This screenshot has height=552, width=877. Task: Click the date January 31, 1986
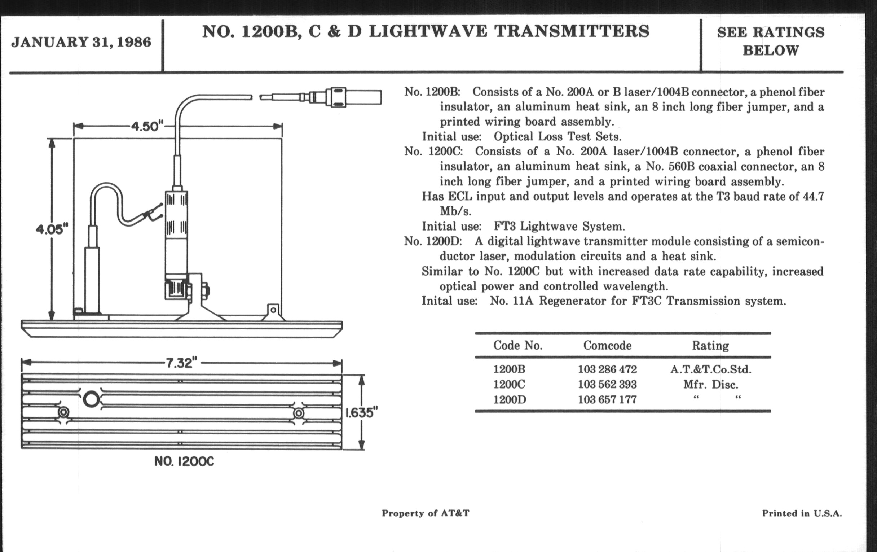(x=81, y=42)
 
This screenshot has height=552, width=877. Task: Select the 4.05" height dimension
(x=52, y=229)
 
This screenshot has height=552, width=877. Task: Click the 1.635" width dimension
(x=361, y=412)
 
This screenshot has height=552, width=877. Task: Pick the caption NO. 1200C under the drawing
(x=184, y=462)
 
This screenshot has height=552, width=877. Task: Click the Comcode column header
(x=607, y=345)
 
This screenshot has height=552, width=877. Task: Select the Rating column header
(x=710, y=345)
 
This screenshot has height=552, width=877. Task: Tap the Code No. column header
(x=517, y=345)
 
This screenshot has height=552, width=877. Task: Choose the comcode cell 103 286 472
(x=607, y=369)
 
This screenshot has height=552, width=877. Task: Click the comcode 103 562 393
(x=607, y=384)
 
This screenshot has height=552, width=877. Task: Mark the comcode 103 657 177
(x=607, y=400)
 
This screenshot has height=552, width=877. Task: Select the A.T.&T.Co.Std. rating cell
(x=710, y=369)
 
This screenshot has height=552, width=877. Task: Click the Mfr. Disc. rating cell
(x=710, y=384)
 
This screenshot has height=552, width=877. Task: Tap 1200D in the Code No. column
(x=510, y=400)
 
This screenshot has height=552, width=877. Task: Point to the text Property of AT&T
(x=426, y=513)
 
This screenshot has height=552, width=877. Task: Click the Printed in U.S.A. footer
(x=802, y=513)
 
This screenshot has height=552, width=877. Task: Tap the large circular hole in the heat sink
(x=91, y=399)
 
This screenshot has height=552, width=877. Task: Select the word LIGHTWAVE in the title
(x=428, y=31)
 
